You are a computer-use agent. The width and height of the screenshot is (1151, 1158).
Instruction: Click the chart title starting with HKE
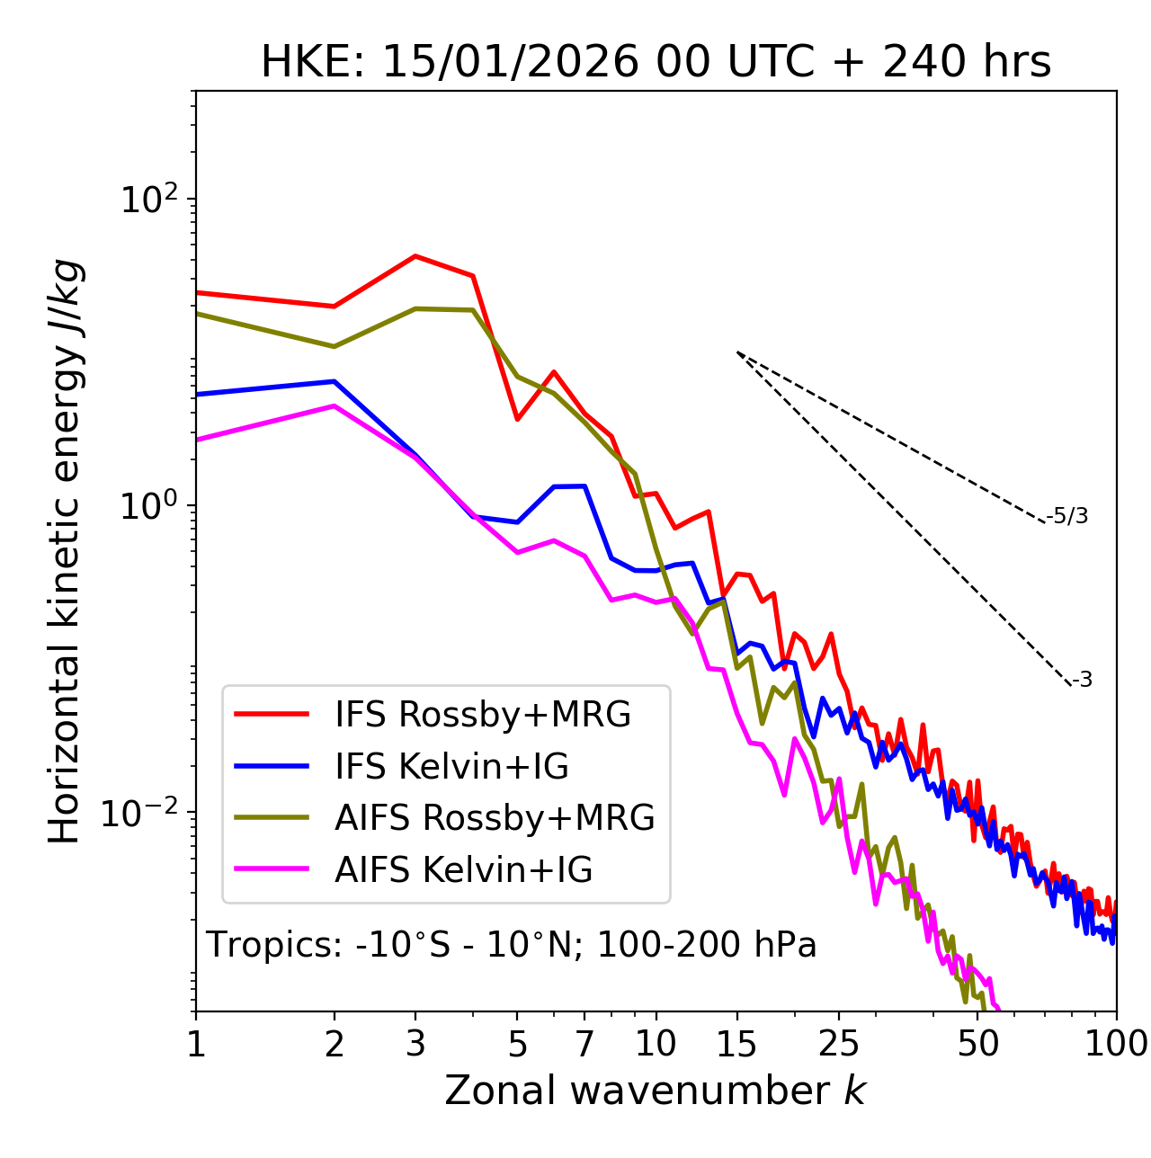pos(656,62)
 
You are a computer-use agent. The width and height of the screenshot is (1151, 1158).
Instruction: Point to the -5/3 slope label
pos(1067,516)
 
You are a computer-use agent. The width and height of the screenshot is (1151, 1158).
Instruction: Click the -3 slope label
pos(1082,680)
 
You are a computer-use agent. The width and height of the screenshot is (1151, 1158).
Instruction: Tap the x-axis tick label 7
pos(584,1044)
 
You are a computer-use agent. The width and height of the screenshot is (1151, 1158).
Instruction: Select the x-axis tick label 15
pos(736,1044)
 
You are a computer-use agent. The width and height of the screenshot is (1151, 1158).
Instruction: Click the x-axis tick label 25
pos(839,1044)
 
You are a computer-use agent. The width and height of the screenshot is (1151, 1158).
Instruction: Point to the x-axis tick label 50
pos(977,1044)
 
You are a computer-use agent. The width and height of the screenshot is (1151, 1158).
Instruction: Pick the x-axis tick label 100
pos(1115,1044)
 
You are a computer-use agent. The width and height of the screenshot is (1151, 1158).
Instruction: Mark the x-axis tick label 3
pos(415,1044)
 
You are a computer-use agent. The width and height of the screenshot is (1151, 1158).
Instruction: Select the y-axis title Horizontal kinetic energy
pos(66,552)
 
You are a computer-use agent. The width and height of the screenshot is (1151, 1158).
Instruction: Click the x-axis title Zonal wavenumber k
pos(656,1091)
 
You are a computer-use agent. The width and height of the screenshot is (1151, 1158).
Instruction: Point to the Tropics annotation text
pos(512,945)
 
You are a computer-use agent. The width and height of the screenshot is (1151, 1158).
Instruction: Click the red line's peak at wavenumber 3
pos(415,256)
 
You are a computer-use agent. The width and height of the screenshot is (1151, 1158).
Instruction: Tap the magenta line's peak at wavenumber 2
pos(335,405)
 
